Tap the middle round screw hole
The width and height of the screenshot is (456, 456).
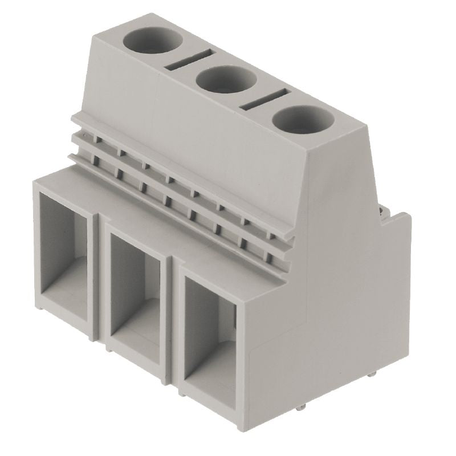tap(225, 83)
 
